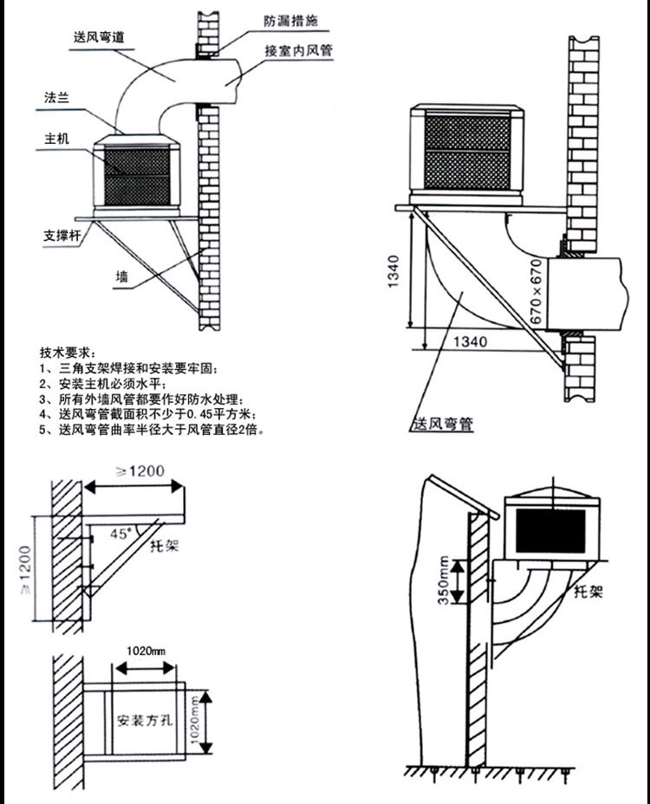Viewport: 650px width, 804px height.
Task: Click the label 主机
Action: (58, 139)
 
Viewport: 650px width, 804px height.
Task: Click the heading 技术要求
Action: (65, 353)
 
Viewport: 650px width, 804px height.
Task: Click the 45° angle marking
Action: (123, 534)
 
